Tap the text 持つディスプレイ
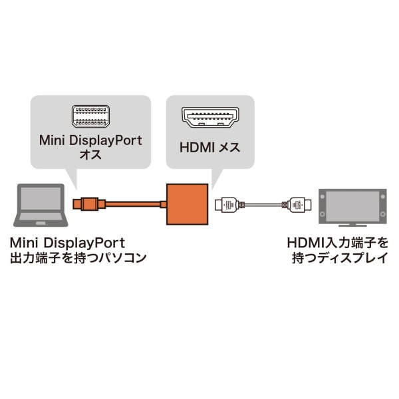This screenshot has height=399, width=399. click(x=339, y=258)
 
